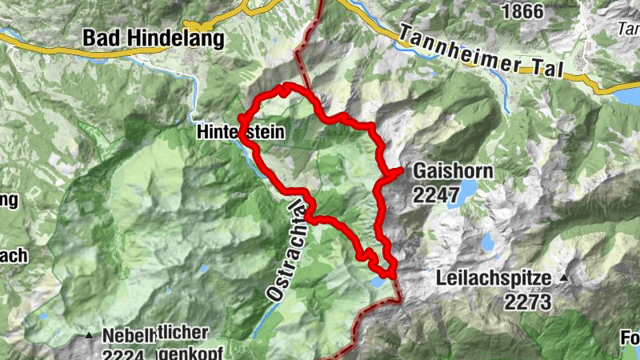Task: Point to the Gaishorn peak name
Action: (454, 172)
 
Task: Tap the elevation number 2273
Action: (528, 302)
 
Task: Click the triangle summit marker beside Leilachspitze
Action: (566, 278)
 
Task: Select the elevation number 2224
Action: (122, 354)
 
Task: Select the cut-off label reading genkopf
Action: (180, 350)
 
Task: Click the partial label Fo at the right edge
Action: (631, 337)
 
